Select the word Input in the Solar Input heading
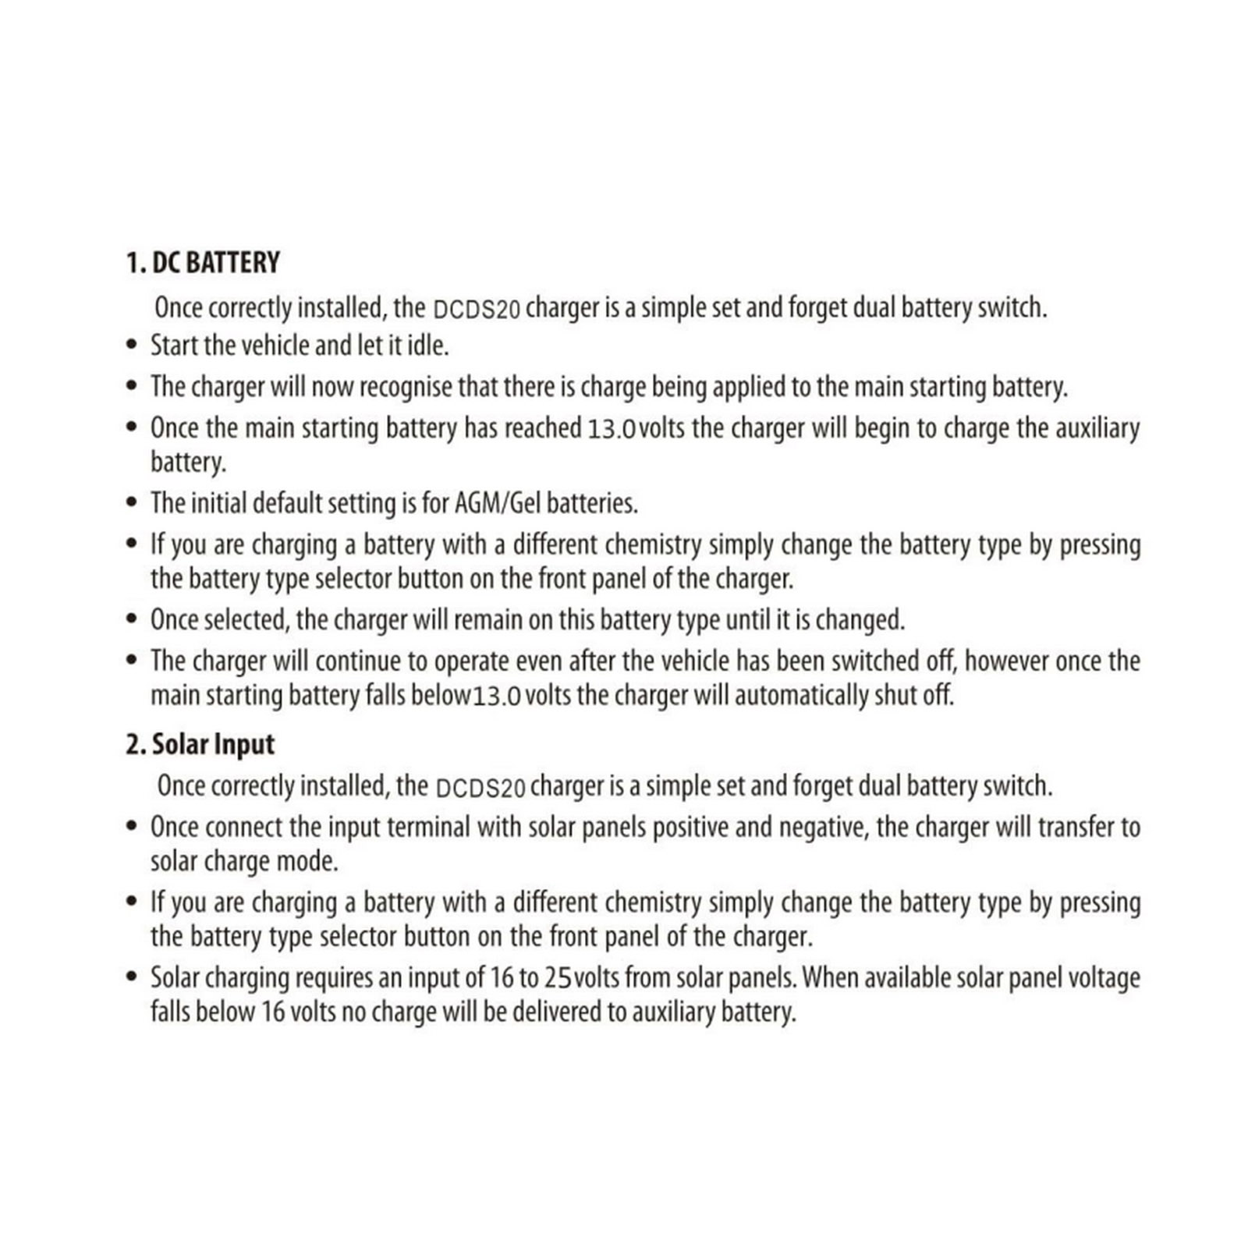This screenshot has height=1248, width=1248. pyautogui.click(x=243, y=744)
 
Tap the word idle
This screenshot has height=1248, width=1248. pyautogui.click(x=428, y=345)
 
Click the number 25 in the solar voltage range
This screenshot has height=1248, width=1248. pyautogui.click(x=559, y=977)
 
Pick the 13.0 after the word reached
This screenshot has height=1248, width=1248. pyautogui.click(x=612, y=430)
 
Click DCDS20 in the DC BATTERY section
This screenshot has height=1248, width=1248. pyautogui.click(x=476, y=310)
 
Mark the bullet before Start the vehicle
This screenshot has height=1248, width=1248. pyautogui.click(x=133, y=345)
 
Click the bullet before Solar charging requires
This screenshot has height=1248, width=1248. pyautogui.click(x=133, y=977)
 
